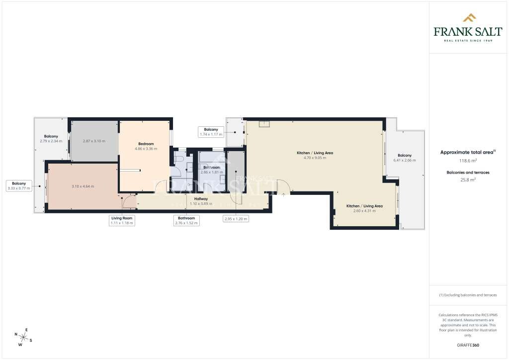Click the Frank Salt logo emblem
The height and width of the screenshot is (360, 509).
[x=469, y=18]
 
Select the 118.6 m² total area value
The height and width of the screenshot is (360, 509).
[x=468, y=161]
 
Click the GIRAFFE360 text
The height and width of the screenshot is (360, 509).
[x=468, y=345]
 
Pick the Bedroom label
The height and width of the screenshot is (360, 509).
[x=146, y=144]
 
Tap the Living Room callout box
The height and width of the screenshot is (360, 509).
[x=122, y=220]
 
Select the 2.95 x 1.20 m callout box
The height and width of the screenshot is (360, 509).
[x=236, y=218]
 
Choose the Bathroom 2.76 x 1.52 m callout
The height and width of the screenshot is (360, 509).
[x=187, y=220]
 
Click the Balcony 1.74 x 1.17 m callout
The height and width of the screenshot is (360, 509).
[x=211, y=132]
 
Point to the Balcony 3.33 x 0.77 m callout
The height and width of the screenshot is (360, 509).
[x=19, y=185]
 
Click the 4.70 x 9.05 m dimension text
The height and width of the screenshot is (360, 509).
[x=315, y=158]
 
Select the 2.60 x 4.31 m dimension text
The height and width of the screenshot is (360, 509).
[x=364, y=211]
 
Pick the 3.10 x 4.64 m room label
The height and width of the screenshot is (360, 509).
[x=83, y=186]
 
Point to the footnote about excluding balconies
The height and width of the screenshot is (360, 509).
[x=468, y=295]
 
